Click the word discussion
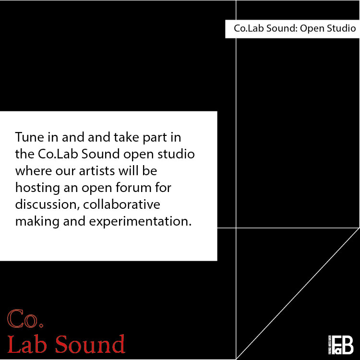click(46, 205)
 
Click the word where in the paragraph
click(30, 171)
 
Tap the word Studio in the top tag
click(341, 29)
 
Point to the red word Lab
click(28, 344)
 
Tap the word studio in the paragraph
click(179, 154)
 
